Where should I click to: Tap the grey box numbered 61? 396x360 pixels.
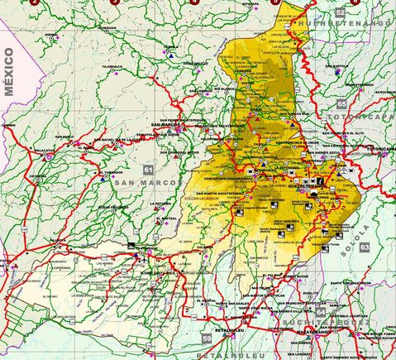148,169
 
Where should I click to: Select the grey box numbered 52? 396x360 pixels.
341,12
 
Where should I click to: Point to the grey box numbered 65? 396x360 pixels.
341,103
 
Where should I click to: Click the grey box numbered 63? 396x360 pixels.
365,247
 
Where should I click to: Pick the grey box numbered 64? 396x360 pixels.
320,313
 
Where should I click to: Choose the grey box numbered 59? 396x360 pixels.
207,338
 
